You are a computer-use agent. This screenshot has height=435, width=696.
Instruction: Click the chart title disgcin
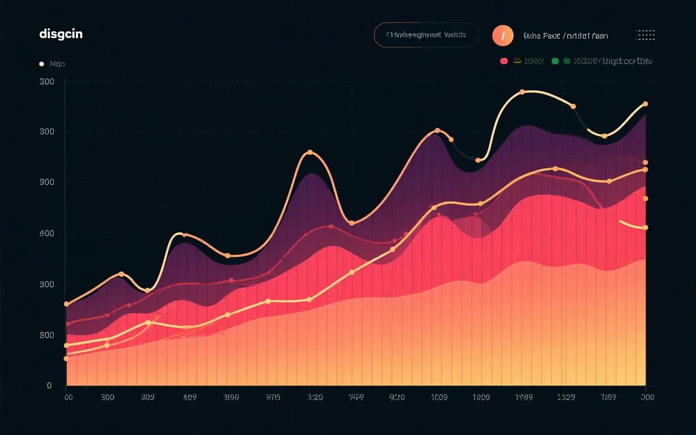[x=61, y=34]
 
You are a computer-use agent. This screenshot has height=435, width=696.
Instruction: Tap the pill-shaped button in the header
[x=426, y=35]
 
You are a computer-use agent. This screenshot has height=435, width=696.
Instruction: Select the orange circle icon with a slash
[x=503, y=36]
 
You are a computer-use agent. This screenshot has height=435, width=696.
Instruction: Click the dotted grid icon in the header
[x=645, y=35]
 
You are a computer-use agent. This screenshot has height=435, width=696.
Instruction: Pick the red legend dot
[x=504, y=61]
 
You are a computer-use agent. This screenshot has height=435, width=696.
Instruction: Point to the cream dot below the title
[x=41, y=64]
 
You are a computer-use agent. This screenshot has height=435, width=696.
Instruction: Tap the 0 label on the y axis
[x=49, y=386]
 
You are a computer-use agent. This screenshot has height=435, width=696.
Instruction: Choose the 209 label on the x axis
[x=147, y=397]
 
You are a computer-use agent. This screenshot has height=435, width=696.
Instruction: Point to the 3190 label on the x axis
[x=231, y=397]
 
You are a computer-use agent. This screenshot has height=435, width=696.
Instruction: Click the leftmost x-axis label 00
[x=68, y=397]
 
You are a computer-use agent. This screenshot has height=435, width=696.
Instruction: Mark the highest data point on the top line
[x=522, y=92]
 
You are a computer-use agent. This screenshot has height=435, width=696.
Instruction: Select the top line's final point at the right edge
[x=645, y=104]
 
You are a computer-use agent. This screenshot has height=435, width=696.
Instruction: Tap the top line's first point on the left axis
[x=66, y=304]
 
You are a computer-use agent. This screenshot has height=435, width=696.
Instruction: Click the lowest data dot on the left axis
[x=66, y=358]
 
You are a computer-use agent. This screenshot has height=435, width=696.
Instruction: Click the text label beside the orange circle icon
[x=565, y=36]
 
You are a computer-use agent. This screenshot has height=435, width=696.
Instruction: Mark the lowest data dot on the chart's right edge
[x=645, y=227]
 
